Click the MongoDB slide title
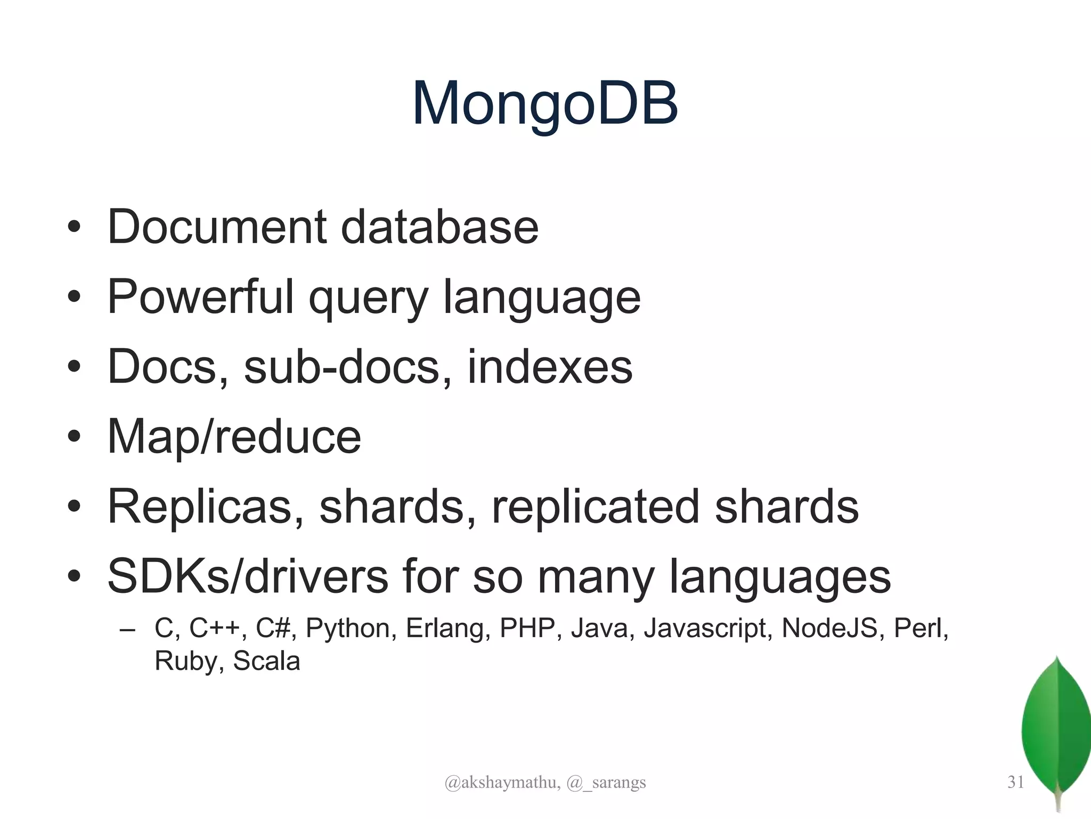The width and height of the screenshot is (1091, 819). [x=545, y=104]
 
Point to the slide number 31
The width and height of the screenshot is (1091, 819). [x=1015, y=782]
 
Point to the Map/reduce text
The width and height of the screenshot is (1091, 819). [x=234, y=437]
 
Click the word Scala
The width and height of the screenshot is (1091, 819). [x=266, y=662]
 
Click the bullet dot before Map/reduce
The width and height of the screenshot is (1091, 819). [x=74, y=438]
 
